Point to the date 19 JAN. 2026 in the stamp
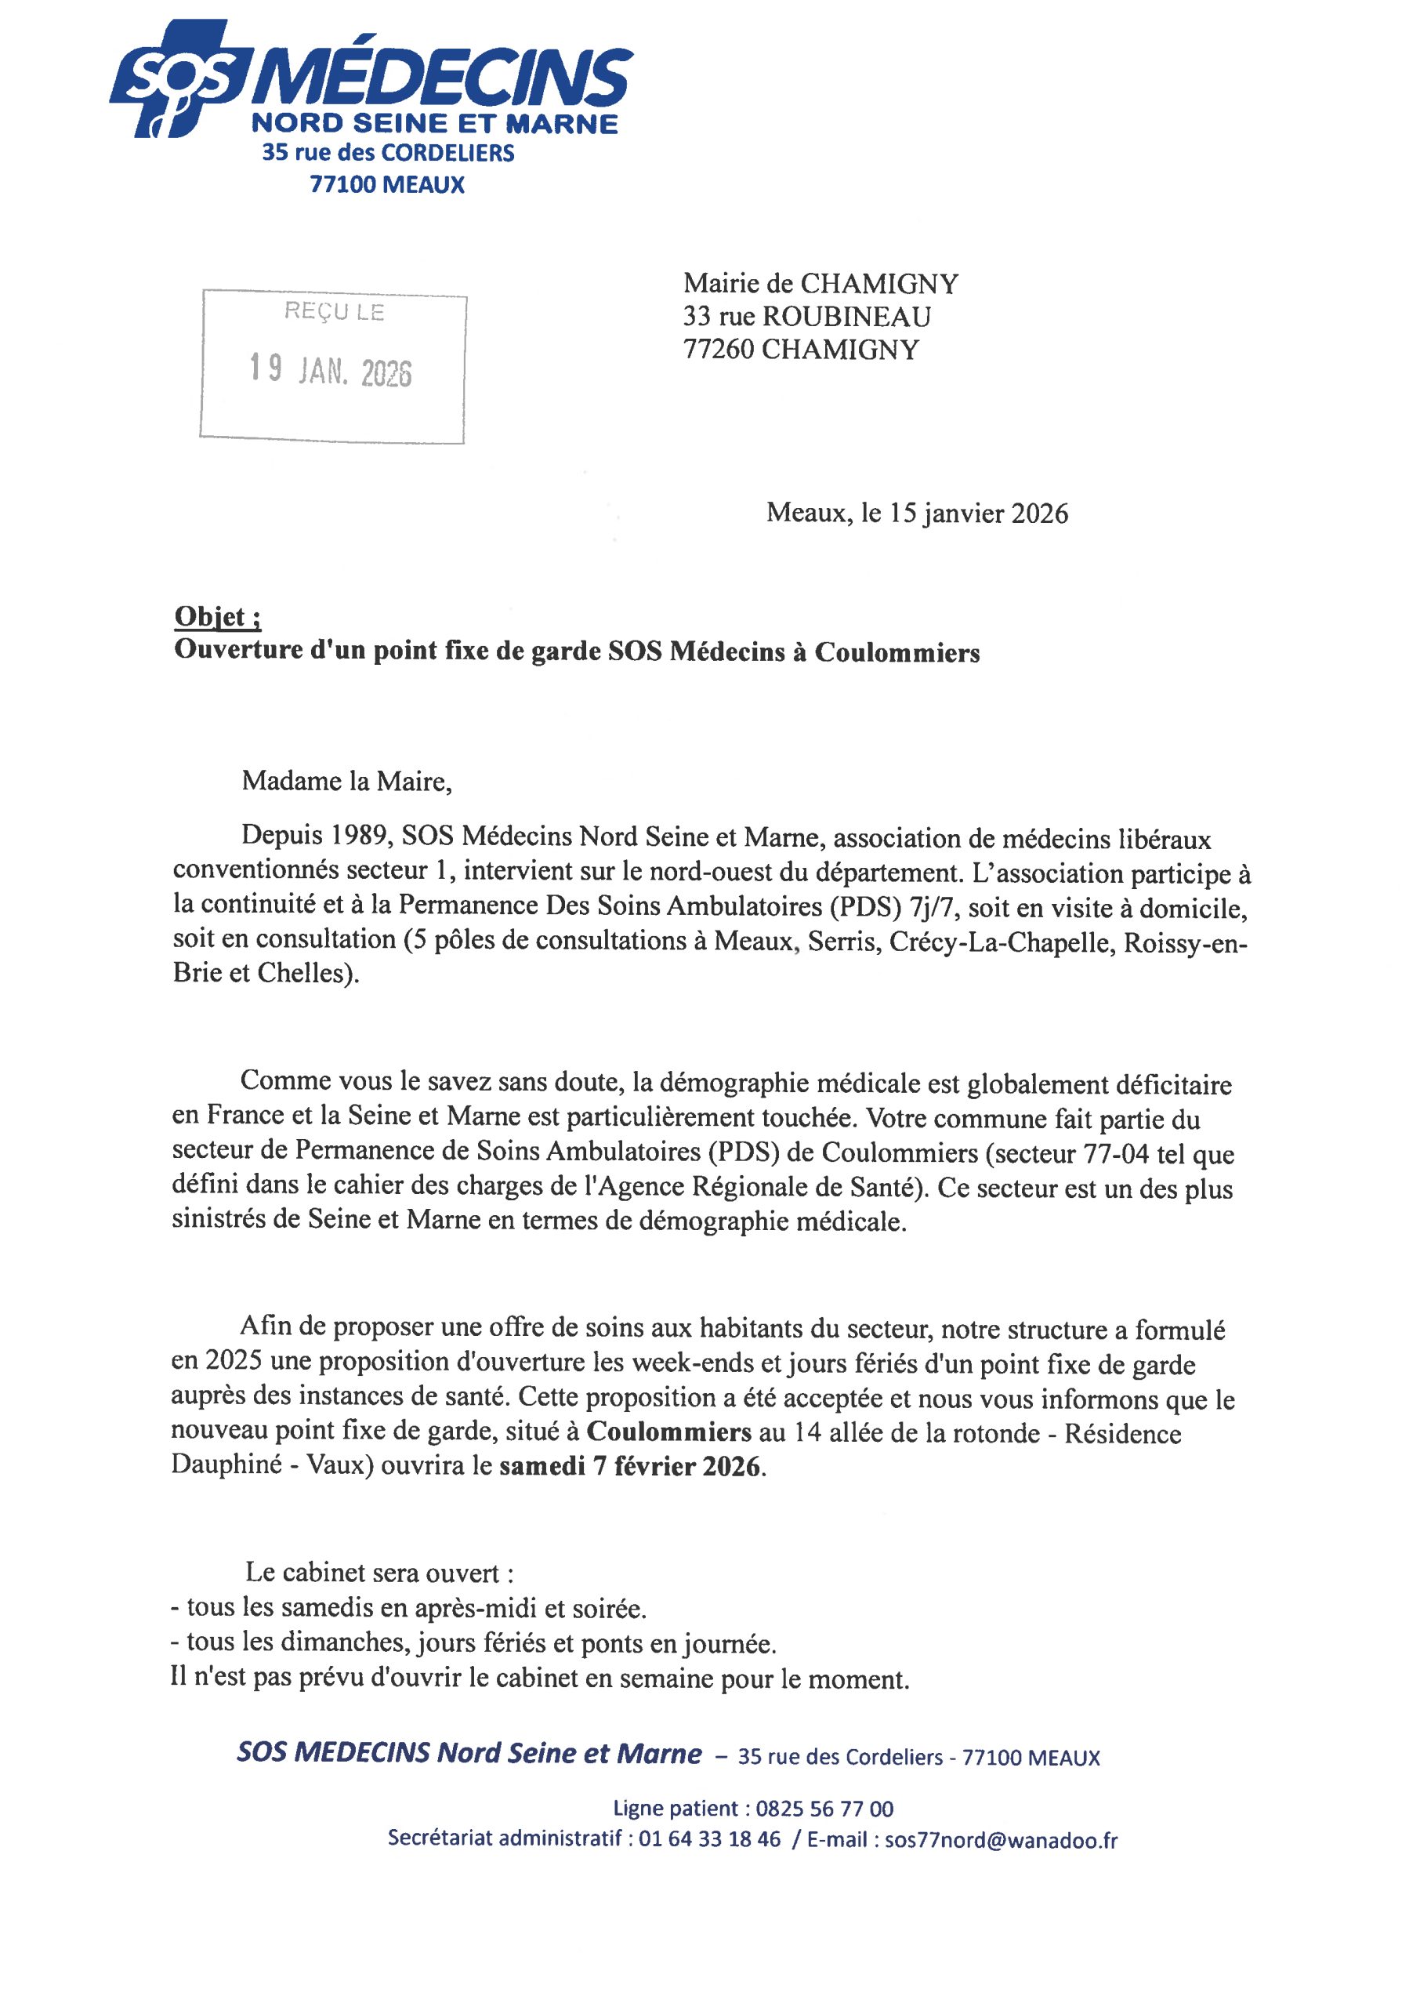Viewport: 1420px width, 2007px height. pos(331,371)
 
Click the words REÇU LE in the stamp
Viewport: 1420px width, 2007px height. pos(333,311)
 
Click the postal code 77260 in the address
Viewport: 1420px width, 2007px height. pos(719,350)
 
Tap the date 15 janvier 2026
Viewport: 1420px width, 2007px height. pos(979,514)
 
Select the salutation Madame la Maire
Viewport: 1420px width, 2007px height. pos(346,781)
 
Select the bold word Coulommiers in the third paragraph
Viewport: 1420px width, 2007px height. pos(669,1432)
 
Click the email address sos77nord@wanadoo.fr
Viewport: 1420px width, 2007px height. pos(1002,1839)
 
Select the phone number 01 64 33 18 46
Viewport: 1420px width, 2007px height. pos(709,1839)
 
